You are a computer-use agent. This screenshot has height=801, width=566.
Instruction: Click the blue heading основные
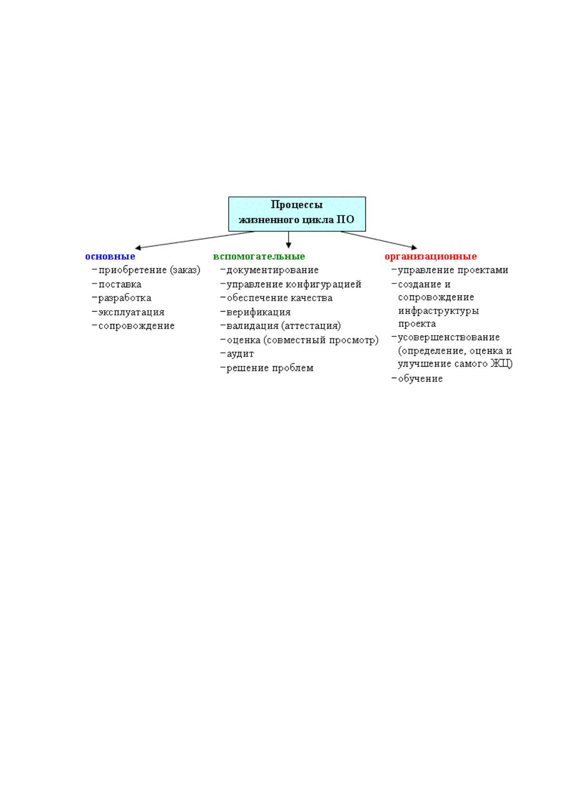[110, 256]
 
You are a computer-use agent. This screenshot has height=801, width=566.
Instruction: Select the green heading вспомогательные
[259, 256]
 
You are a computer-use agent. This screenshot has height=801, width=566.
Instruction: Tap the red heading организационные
[431, 256]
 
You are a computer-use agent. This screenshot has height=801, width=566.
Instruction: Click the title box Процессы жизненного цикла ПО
[297, 214]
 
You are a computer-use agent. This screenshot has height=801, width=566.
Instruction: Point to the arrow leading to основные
[195, 240]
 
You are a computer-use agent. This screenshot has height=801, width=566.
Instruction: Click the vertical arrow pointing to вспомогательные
[289, 240]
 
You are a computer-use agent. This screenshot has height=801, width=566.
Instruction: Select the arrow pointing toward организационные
[379, 240]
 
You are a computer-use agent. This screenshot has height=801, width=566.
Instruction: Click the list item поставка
[120, 284]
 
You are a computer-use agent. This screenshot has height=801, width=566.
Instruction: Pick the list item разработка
[125, 298]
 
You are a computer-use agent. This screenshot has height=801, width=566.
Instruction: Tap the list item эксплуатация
[131, 312]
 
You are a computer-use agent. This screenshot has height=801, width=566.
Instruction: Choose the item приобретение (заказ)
[149, 270]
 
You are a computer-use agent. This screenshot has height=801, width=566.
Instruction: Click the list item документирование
[272, 270]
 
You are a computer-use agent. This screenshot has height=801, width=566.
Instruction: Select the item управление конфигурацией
[294, 284]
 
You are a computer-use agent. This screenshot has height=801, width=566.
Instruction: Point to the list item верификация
[259, 312]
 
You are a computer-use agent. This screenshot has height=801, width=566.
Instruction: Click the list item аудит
[240, 354]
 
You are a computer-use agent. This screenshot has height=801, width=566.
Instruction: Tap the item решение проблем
[270, 368]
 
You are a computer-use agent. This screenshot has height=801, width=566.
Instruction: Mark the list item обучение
[420, 379]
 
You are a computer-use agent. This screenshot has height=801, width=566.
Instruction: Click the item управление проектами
[453, 270]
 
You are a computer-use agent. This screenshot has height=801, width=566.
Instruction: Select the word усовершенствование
[449, 337]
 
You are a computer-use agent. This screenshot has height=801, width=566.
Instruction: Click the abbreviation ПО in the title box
[345, 220]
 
